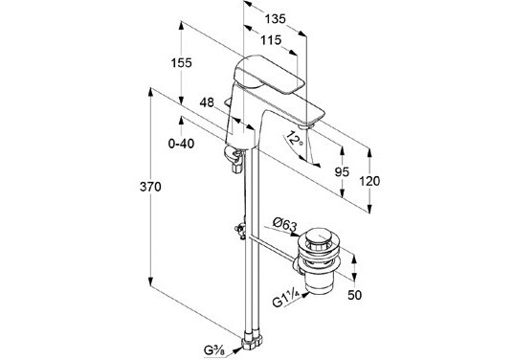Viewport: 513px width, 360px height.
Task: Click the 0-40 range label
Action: pyautogui.click(x=182, y=144)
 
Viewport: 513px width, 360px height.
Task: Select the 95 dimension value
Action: pyautogui.click(x=342, y=172)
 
